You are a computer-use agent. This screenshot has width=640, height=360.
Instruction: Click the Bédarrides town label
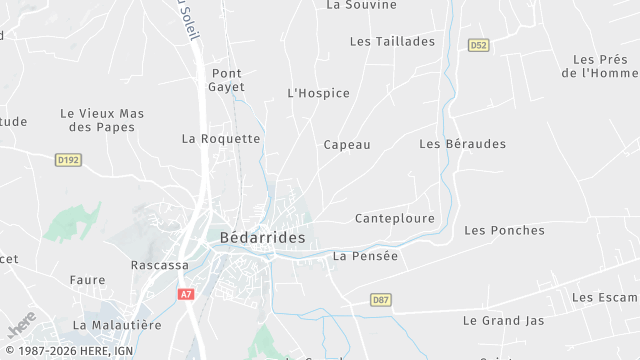point(262,239)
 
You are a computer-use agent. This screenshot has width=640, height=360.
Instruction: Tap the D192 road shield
point(68,159)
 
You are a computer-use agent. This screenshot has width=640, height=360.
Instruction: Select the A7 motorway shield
point(186,294)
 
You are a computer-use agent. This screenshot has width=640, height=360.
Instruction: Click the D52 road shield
point(478,45)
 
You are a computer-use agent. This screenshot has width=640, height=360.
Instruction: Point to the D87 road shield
point(380,299)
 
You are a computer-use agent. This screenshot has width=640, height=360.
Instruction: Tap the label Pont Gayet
point(227,80)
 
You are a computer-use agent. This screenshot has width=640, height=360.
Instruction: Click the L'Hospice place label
point(318,93)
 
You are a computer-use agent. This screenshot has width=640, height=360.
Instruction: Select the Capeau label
point(347,144)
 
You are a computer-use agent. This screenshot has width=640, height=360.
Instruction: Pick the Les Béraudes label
point(462,144)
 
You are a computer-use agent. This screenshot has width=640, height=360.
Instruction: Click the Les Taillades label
point(392,41)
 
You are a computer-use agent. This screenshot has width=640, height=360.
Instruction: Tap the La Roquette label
point(221,139)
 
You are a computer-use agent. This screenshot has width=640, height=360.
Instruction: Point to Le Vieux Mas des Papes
point(102,120)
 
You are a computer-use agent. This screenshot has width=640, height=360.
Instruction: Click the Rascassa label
point(160,265)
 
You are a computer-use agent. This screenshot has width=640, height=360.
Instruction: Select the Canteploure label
point(394,218)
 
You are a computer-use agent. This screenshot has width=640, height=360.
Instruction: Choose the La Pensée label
point(365,256)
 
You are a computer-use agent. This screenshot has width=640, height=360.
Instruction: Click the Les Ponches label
point(504,230)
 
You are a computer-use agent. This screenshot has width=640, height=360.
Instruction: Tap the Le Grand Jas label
point(504,321)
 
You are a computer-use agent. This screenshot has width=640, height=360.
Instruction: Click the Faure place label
point(87,280)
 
